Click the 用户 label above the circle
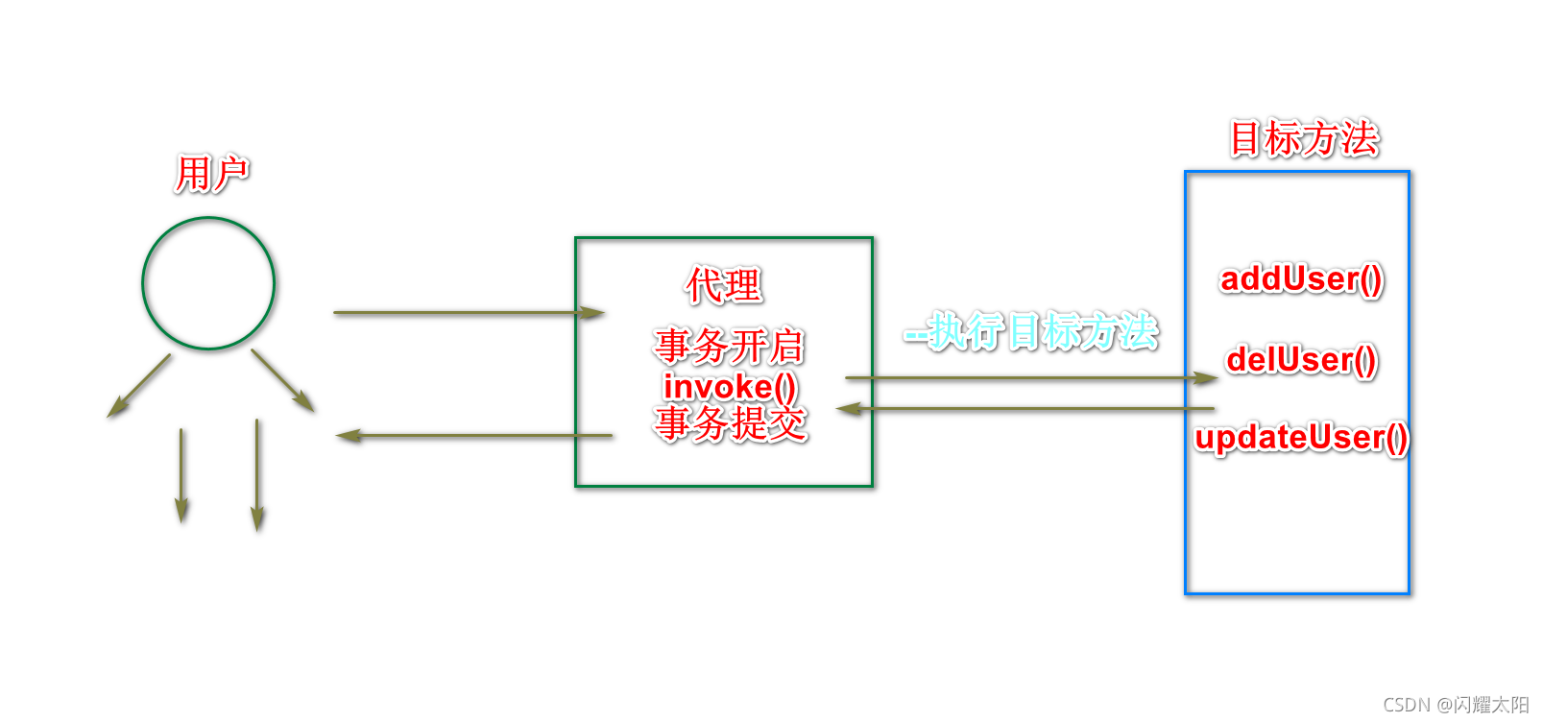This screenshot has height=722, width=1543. pos(211,175)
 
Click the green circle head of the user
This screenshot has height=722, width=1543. pos(208,283)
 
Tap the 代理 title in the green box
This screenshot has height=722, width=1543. pos(724,286)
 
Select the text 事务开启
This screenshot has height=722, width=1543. pos(729,347)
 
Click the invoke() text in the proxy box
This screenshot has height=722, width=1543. pos(730,386)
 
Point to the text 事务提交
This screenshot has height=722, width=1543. pos(731,423)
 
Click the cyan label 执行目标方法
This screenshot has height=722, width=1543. pos(1032,332)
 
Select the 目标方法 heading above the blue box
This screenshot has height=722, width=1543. pos(1304,139)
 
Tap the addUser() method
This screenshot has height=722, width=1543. pos(1301,279)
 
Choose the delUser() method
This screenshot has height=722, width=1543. pos(1301,360)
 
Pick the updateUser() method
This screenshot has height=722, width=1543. pos(1301,438)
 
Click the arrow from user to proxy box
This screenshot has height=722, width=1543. pos(468,312)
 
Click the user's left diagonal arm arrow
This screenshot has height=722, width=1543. pos(139,386)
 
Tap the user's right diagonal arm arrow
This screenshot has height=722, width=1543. pos(283,381)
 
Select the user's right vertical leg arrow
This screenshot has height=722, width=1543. pos(257,475)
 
